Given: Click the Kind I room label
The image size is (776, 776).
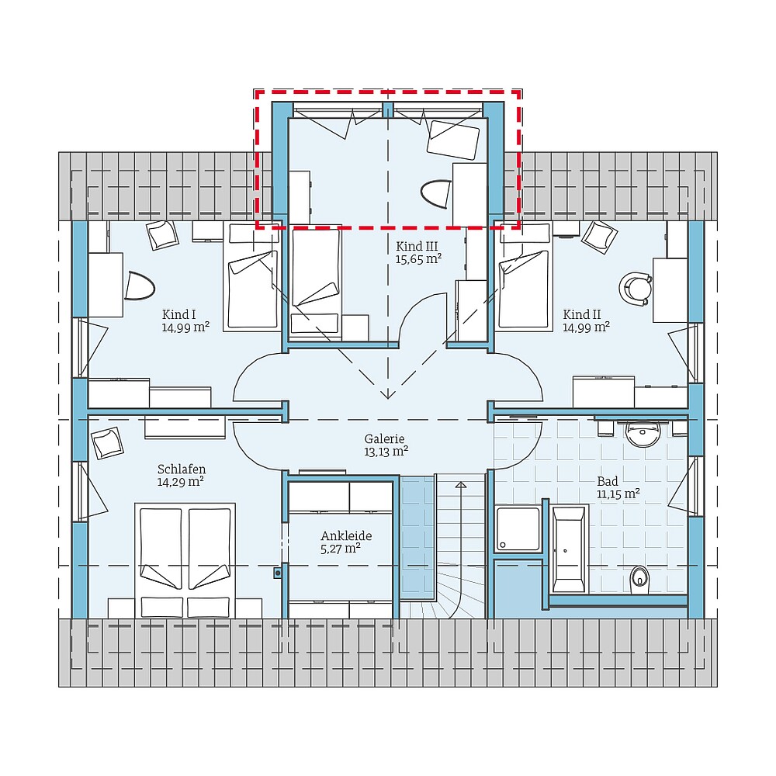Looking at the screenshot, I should pyautogui.click(x=178, y=314).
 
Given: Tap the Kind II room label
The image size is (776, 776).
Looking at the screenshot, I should pyautogui.click(x=582, y=314).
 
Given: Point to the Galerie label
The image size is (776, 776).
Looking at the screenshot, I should pyautogui.click(x=386, y=438).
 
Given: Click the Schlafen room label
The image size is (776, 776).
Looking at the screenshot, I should pyautogui.click(x=182, y=469).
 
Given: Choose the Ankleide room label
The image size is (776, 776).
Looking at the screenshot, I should pyautogui.click(x=346, y=535).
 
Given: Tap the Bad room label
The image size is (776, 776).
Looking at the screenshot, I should pyautogui.click(x=608, y=481).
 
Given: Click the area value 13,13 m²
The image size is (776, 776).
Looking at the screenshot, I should pyautogui.click(x=386, y=451).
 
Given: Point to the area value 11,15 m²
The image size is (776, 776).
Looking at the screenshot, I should pyautogui.click(x=618, y=494).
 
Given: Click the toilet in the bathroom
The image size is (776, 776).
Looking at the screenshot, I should pyautogui.click(x=639, y=577).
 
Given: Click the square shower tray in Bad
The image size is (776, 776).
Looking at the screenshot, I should pyautogui.click(x=518, y=529).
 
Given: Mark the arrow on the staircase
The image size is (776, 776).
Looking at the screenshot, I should pyautogui.click(x=460, y=485).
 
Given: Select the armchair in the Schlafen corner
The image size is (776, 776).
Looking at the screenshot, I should pyautogui.click(x=107, y=442).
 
